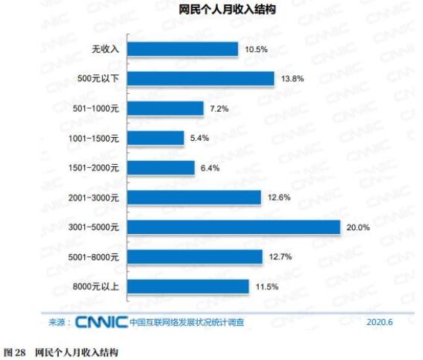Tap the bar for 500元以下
pyautogui.click(x=201, y=79)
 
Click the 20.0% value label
pyautogui.click(x=357, y=227)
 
